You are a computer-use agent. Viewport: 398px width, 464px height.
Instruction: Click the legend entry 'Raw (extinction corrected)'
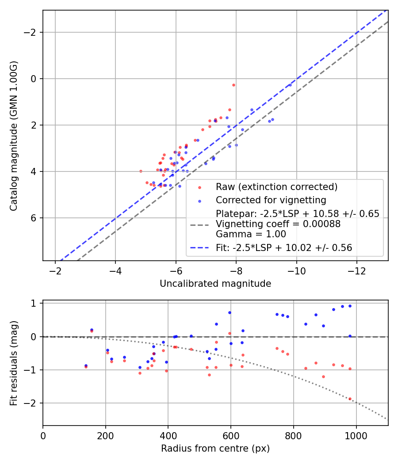tap(276, 187)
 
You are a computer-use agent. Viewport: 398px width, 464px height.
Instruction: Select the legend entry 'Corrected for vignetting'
tap(271, 200)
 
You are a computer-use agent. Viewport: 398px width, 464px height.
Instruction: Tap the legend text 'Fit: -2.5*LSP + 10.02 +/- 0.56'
tap(284, 248)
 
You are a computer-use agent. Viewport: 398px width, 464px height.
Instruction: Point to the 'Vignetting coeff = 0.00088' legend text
tap(278, 224)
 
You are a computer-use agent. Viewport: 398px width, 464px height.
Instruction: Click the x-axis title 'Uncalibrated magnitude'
tap(215, 284)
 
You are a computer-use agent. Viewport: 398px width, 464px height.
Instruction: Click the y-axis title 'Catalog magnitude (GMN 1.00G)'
tap(14, 136)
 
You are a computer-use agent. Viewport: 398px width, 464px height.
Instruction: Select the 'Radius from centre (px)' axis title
tap(215, 449)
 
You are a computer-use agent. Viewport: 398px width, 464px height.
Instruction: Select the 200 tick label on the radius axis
tap(105, 435)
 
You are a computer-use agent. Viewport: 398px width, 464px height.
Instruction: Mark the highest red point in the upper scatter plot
tap(233, 85)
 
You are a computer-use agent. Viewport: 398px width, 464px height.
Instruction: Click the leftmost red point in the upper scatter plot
tap(141, 171)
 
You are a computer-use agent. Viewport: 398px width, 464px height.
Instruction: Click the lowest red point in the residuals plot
tap(350, 399)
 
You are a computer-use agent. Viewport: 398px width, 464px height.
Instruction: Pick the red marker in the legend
tap(200, 187)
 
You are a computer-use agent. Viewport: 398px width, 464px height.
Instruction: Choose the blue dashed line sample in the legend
tap(200, 248)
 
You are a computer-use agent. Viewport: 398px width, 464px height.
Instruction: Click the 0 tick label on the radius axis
tap(43, 435)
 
